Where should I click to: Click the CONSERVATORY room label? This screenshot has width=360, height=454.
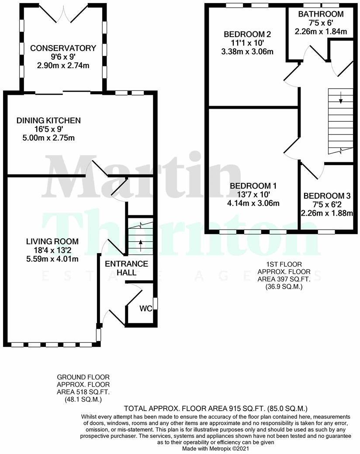[63, 48]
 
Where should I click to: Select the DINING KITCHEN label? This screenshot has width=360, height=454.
[48, 120]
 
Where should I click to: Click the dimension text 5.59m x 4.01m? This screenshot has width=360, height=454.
[52, 259]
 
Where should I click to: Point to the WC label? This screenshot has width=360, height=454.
[145, 309]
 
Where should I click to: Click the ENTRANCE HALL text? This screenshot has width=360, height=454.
[126, 268]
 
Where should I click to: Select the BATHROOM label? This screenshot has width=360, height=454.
[321, 14]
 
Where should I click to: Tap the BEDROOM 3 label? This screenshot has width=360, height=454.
[327, 196]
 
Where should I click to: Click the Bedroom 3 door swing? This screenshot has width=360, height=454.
[311, 171]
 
